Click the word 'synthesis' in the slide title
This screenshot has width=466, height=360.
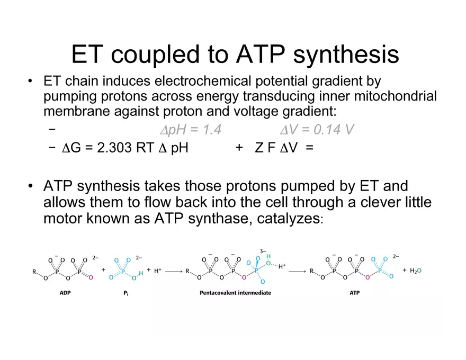point(346,55)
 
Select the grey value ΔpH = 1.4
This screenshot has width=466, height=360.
point(191,130)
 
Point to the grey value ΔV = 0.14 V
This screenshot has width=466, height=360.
point(317,130)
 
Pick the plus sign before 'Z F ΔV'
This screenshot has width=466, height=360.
point(239,148)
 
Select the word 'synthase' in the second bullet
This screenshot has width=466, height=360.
point(220,219)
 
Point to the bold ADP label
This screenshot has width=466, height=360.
point(65,293)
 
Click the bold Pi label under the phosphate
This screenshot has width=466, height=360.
point(126,293)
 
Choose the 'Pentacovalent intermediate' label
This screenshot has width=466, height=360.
point(235,293)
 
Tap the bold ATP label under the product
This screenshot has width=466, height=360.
point(355,293)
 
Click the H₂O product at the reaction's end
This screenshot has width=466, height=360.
point(416,271)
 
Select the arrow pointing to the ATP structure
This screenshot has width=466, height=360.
point(297,271)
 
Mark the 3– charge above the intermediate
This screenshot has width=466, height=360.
point(263,251)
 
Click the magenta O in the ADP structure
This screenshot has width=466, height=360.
point(91,277)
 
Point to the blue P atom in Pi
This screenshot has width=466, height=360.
point(123,271)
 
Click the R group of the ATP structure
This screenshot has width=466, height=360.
point(311,271)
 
